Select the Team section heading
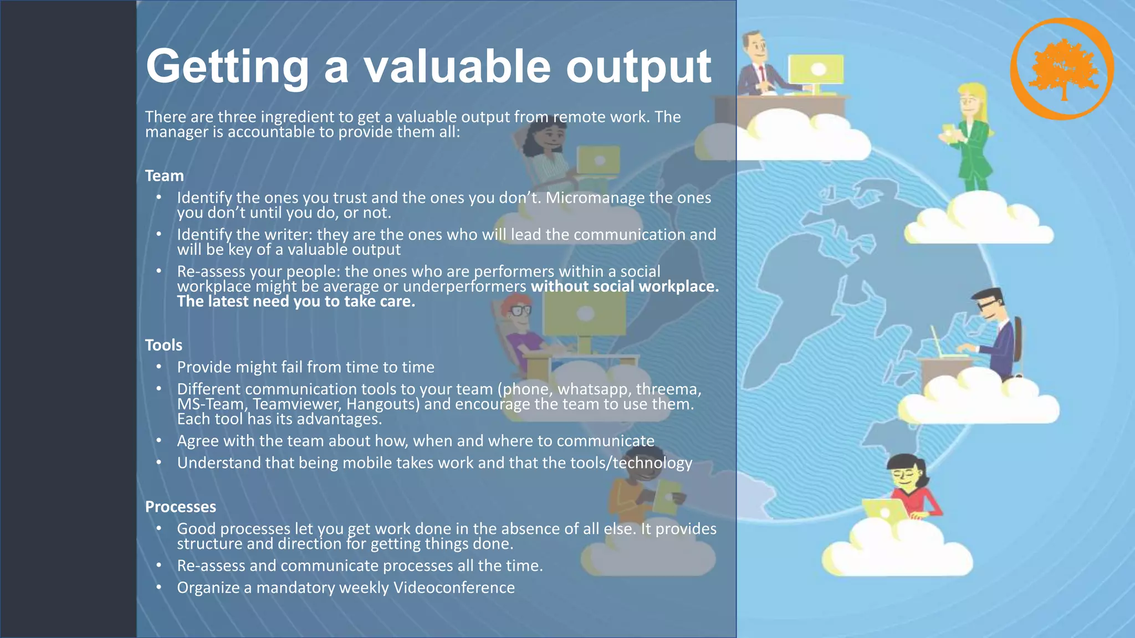164,176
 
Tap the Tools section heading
163,345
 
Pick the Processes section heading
181,507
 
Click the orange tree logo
1062,69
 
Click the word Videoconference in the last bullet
454,588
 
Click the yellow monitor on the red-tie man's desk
816,70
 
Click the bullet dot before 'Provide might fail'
159,367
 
